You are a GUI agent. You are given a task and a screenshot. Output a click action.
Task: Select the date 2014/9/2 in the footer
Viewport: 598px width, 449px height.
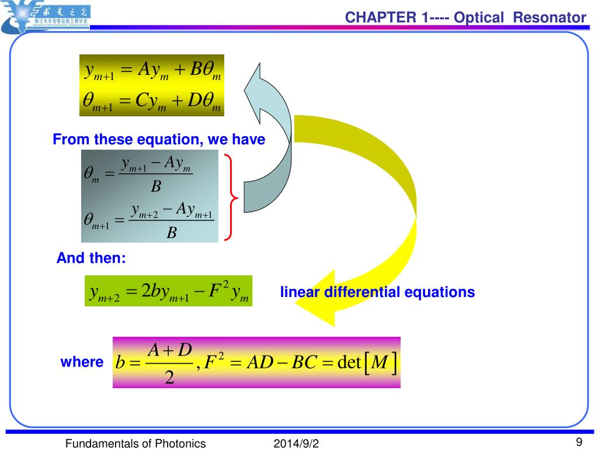coord(297,444)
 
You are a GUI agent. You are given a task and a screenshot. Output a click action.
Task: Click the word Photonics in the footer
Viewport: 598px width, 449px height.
coord(180,444)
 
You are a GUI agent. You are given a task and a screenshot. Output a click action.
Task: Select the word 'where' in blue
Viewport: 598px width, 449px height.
coord(82,362)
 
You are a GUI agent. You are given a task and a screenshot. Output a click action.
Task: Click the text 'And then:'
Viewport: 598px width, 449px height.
coord(91,258)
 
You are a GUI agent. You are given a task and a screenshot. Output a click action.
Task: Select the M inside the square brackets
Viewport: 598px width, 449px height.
coord(380,362)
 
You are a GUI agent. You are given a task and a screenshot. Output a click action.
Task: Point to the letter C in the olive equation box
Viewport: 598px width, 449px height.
coord(142,101)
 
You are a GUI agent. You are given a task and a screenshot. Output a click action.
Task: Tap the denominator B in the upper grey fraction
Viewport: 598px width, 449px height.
coord(155,186)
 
